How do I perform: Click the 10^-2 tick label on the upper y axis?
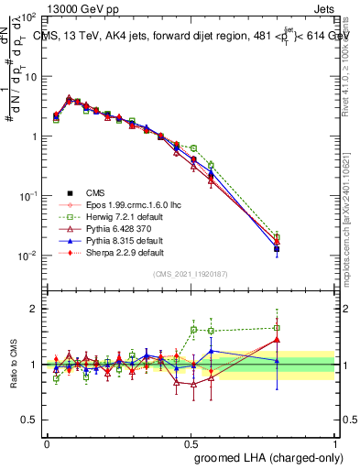(27, 256)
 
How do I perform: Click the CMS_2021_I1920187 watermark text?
(191, 274)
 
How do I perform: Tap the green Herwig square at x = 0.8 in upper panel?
(278, 236)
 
